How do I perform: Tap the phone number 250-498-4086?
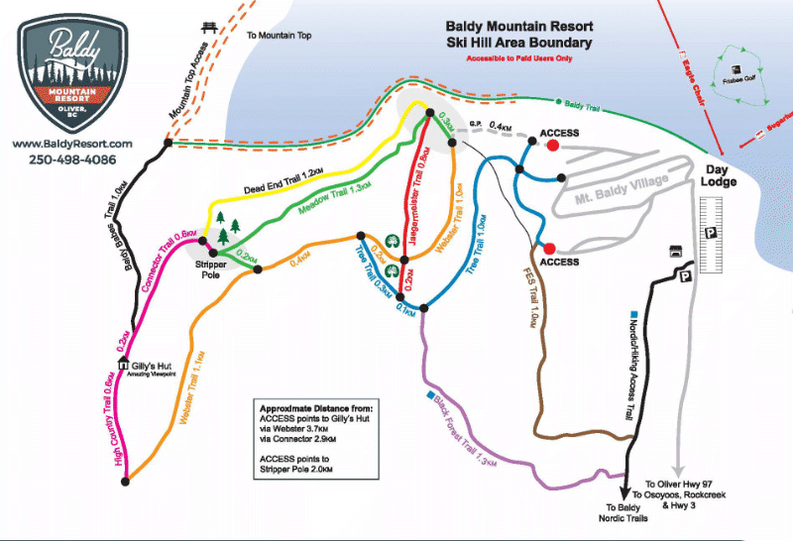[72, 160]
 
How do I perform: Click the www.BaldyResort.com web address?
[72, 144]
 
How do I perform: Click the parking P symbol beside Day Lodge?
[711, 233]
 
